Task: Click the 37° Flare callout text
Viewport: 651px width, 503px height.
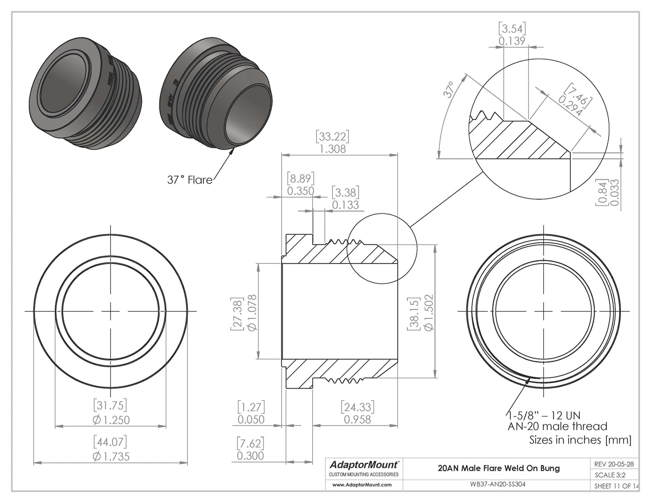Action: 189,180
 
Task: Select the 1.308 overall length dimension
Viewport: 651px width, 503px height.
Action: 332,149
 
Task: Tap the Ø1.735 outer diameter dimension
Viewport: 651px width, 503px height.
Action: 111,456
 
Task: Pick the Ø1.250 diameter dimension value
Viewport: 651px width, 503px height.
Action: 111,420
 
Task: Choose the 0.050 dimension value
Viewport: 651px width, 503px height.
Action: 251,420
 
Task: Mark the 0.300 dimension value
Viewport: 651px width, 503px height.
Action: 251,456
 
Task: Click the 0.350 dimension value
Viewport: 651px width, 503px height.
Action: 300,191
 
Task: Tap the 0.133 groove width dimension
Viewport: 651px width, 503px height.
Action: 346,205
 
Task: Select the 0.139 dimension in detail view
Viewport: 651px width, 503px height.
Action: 512,41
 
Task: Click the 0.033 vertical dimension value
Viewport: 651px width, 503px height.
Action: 615,193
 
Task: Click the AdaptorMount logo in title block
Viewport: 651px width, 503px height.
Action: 364,465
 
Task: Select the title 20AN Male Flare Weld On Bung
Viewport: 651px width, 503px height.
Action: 499,468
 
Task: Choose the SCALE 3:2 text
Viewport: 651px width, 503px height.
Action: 610,475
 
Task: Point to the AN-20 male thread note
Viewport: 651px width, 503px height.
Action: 557,426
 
